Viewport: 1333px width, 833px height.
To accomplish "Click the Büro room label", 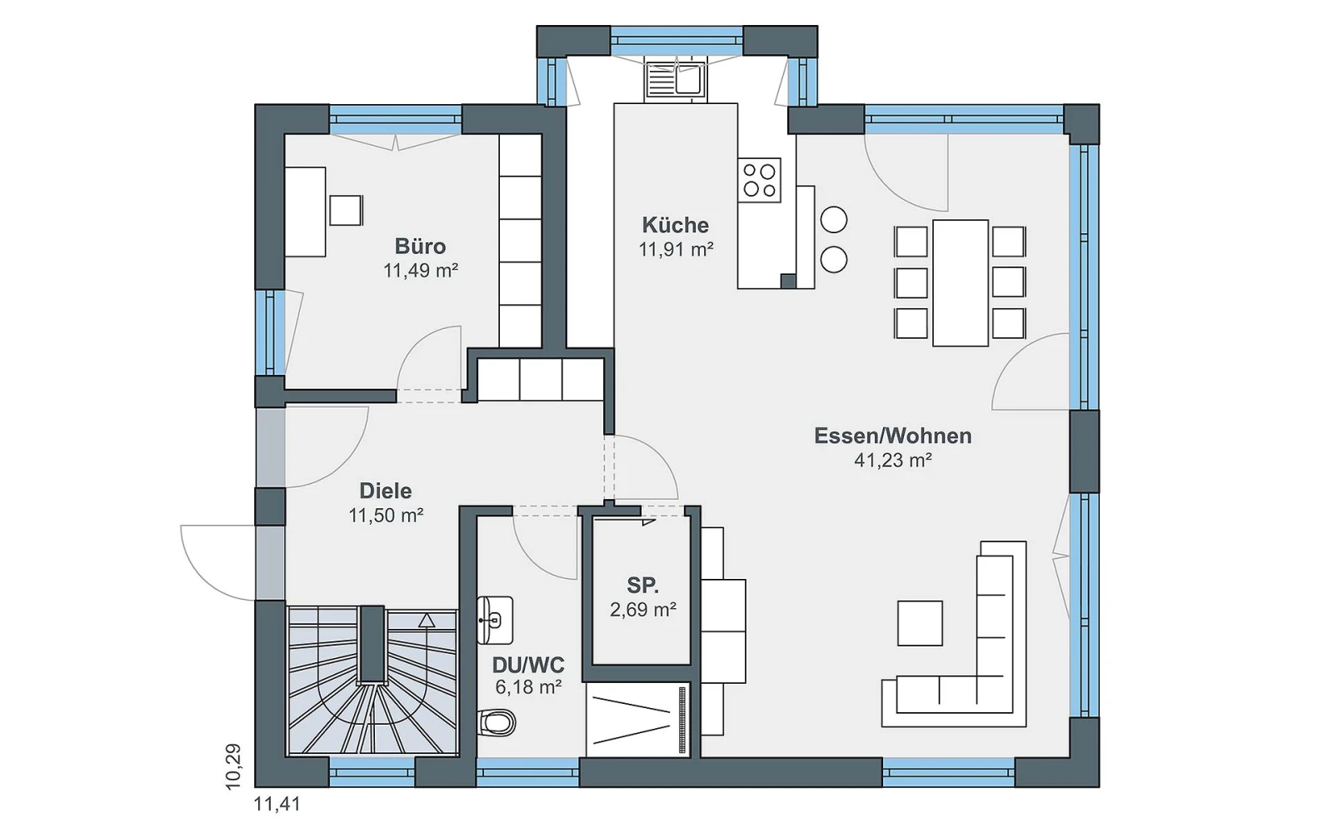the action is (420, 247).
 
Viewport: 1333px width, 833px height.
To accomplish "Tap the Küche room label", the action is (676, 225).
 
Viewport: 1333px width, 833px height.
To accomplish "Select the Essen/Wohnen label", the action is (892, 436).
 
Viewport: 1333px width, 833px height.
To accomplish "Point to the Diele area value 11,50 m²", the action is (386, 516).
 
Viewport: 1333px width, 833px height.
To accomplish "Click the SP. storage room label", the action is (642, 586).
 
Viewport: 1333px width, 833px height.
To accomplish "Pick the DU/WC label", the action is (528, 665).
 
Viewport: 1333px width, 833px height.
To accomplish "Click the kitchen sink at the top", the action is (676, 80).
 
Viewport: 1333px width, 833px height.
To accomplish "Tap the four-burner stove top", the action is (759, 180).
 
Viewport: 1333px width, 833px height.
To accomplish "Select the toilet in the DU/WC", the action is (497, 724).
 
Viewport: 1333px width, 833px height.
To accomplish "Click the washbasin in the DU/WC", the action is (495, 621).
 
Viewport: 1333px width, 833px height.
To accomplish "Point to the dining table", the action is (961, 282).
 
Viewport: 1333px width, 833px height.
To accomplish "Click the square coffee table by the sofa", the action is (920, 623).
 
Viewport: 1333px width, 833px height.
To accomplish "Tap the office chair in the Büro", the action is (346, 210).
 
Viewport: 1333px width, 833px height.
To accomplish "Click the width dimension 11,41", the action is (277, 805).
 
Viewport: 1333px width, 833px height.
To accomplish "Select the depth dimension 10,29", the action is (233, 766).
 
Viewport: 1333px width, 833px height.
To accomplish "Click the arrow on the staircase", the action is (427, 621).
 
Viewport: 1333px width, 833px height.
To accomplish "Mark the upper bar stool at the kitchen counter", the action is (834, 220).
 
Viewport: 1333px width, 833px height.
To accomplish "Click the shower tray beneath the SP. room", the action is (638, 720).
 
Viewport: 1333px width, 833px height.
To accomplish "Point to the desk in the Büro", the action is (305, 212).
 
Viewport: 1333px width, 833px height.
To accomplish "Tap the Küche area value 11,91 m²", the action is (676, 249).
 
